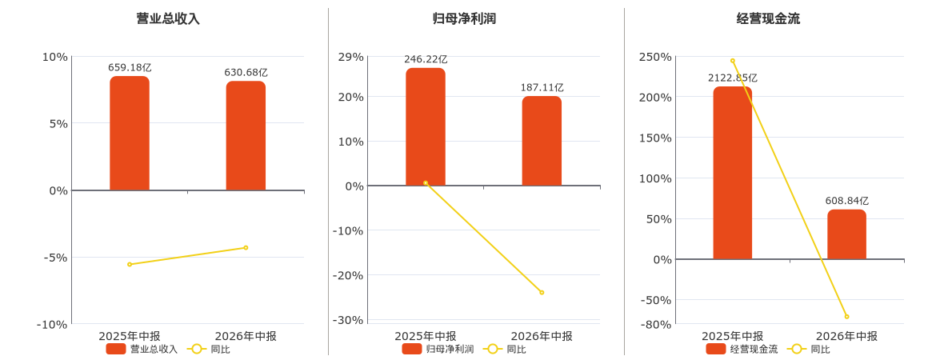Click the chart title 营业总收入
click(x=168, y=19)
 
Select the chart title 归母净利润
click(x=464, y=19)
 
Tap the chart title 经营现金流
click(x=768, y=19)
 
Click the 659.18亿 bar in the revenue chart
click(x=130, y=134)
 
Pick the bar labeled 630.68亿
click(x=246, y=135)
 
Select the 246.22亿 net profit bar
click(x=426, y=126)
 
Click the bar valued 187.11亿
click(x=542, y=141)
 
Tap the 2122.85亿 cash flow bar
click(x=733, y=173)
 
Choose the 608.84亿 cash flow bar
click(x=846, y=234)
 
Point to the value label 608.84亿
click(x=847, y=201)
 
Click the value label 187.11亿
click(x=542, y=88)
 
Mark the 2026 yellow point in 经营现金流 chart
click(x=847, y=317)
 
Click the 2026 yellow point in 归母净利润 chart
click(x=542, y=293)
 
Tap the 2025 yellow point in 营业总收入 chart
click(x=130, y=264)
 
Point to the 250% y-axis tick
click(x=655, y=57)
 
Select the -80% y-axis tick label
click(x=655, y=325)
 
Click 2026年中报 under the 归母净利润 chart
click(x=542, y=336)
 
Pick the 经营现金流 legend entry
click(x=742, y=350)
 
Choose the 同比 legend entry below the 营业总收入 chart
click(x=209, y=350)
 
